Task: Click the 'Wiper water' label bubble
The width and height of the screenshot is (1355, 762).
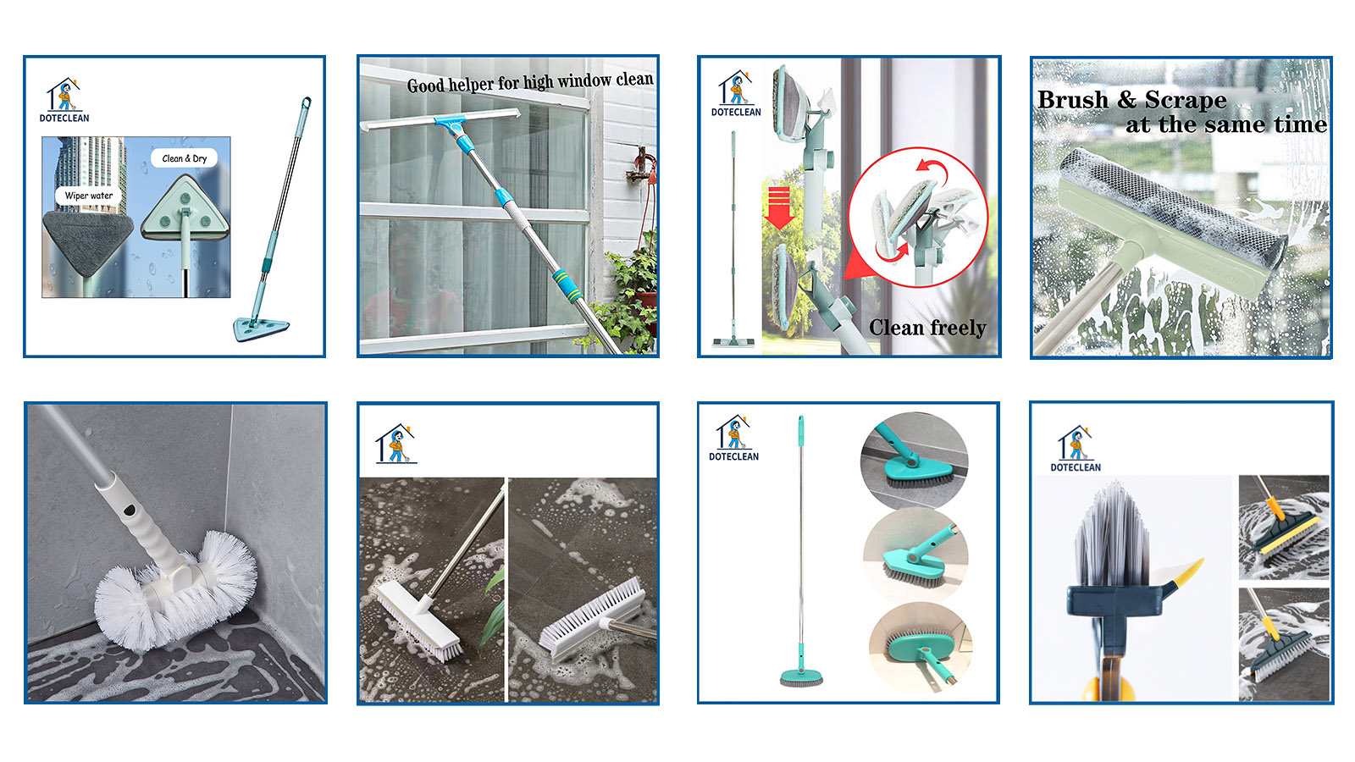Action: click(88, 196)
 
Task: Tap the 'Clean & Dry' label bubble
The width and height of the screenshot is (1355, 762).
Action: click(184, 158)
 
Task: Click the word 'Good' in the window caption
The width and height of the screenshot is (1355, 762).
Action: click(425, 86)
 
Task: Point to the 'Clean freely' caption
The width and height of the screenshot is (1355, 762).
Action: click(927, 328)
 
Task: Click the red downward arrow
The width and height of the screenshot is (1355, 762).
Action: click(779, 207)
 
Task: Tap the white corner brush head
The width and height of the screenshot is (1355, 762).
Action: click(176, 590)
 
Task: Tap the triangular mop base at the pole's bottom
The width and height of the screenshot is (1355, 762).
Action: click(261, 329)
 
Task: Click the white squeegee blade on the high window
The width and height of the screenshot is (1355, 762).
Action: click(440, 119)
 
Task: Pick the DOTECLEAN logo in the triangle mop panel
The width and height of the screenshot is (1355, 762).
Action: click(64, 101)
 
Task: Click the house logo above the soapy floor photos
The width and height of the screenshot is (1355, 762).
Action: click(395, 444)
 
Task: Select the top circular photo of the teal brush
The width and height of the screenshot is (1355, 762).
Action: click(914, 461)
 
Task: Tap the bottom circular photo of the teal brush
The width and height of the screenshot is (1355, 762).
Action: click(921, 648)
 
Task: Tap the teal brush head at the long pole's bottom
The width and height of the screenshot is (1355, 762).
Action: click(801, 677)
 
